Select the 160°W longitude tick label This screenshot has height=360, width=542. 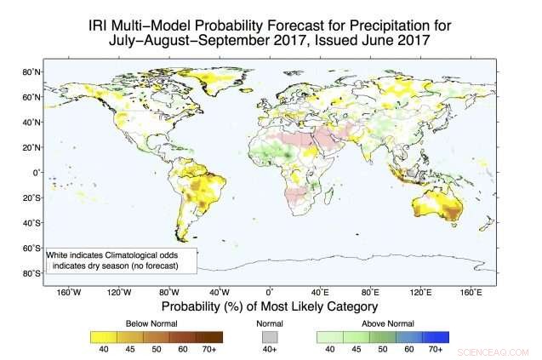[69, 293]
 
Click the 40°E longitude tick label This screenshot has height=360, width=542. [321, 293]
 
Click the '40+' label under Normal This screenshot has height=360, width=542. [270, 348]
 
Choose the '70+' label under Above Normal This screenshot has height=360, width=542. [435, 348]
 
